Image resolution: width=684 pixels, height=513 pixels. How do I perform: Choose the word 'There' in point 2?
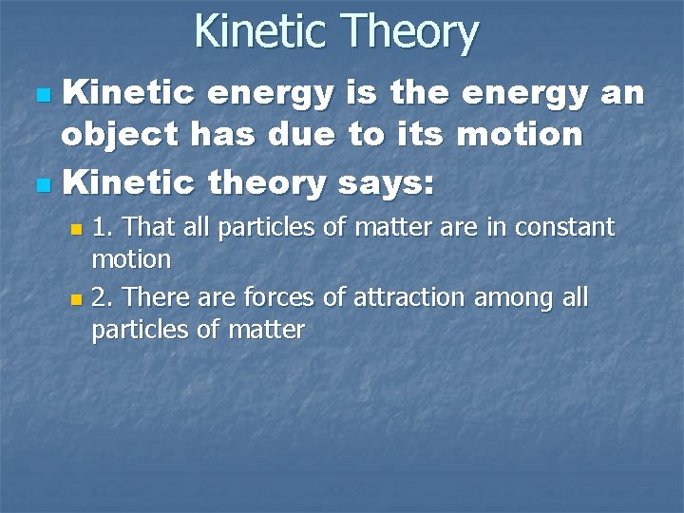coord(155,298)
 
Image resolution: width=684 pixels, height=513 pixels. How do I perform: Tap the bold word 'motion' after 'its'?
coord(519,135)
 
